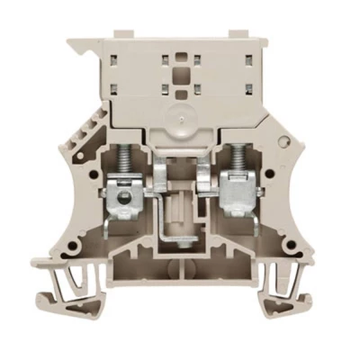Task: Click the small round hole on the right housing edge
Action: click(284, 143)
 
